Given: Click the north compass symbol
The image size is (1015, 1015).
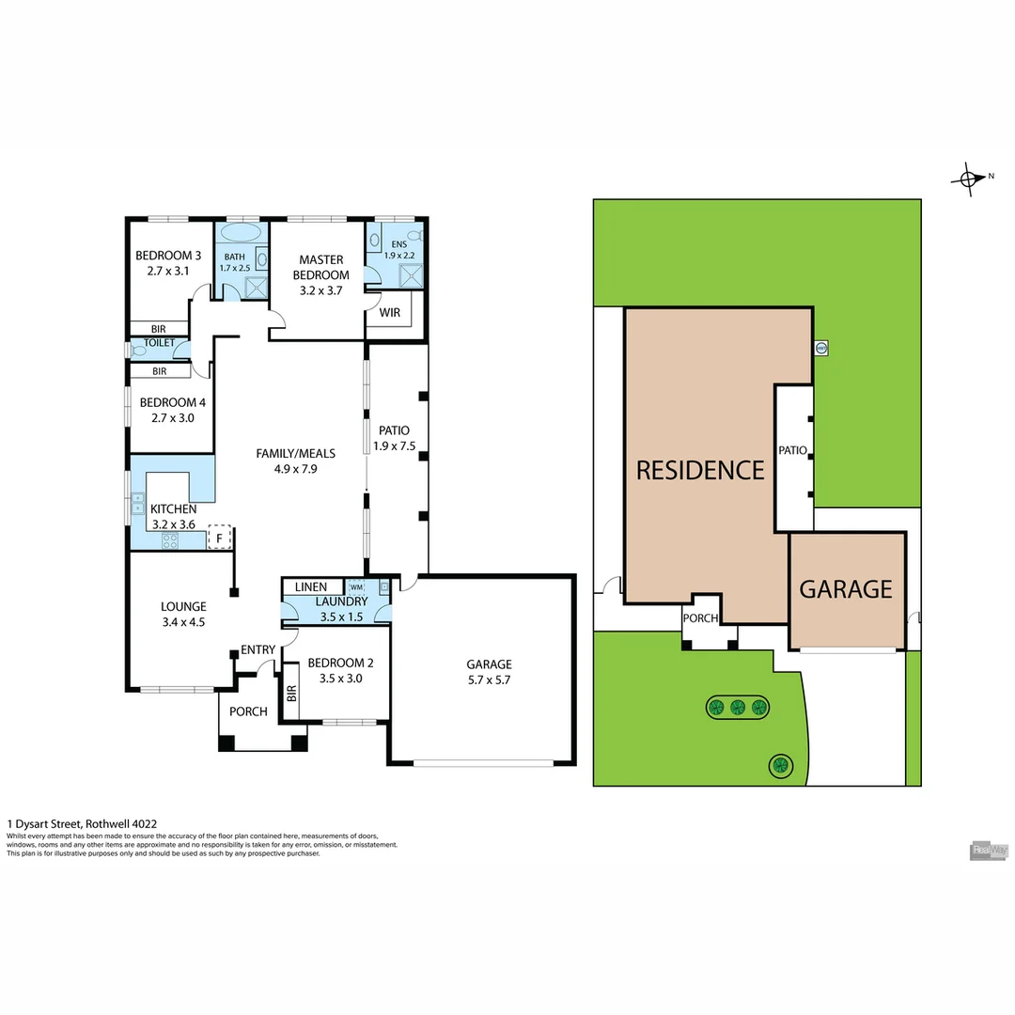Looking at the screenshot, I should point(968,177).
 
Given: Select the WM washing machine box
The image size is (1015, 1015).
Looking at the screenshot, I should point(355,586).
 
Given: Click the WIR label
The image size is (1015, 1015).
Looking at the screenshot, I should point(389,311).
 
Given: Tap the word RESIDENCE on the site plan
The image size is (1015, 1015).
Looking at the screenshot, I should point(700,470).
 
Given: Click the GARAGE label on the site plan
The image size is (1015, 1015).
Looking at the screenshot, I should point(845,589).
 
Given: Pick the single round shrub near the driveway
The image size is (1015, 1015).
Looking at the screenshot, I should point(779,766).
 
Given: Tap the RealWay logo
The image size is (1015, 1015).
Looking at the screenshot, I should point(989,851).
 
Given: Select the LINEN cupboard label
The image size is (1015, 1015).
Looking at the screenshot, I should point(311,587).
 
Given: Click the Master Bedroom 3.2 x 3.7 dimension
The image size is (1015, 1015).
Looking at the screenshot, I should point(323,291).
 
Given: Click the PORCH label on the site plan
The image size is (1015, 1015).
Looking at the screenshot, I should point(700,618).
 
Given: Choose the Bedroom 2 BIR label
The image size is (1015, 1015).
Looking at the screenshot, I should point(291,694).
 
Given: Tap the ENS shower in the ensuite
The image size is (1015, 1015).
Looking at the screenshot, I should point(411,274).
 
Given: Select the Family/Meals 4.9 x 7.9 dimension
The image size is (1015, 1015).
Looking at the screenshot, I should point(295,468).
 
